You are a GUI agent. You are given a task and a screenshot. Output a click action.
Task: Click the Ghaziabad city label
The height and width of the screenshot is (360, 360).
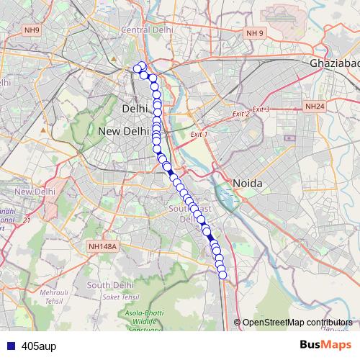[x=334, y=63]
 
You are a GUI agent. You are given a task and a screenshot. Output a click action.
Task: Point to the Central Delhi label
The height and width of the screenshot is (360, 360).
[x=148, y=30]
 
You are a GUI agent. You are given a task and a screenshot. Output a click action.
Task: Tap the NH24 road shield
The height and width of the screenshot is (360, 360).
[x=315, y=107]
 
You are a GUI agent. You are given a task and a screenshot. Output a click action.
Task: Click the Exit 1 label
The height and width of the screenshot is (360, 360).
[x=198, y=135]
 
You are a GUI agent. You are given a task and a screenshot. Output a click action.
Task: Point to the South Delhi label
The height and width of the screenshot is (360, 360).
[x=107, y=285]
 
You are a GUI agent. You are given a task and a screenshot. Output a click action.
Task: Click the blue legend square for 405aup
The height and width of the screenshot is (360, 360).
[x=8, y=345]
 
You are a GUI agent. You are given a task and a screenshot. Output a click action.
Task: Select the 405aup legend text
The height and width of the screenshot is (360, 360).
[x=39, y=345]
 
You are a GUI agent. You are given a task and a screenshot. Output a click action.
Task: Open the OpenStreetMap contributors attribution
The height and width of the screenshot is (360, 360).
[x=297, y=323]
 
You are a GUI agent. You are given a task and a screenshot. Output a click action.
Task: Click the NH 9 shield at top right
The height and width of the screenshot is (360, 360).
[x=255, y=33]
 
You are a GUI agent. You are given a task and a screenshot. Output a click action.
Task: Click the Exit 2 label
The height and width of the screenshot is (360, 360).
[x=240, y=114]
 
